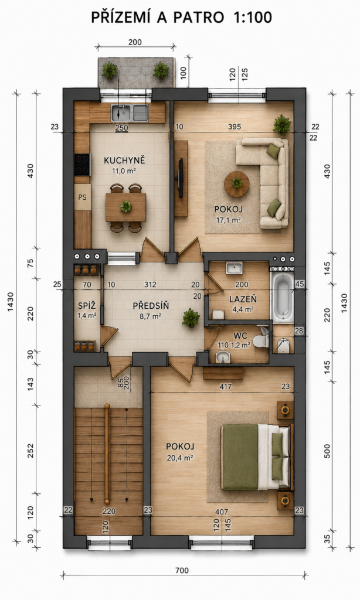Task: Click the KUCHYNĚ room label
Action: coord(124,160)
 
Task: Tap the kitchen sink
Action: coord(130,113)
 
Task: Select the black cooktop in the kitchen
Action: coord(82,165)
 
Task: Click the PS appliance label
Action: coord(82,197)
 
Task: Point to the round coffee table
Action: coord(237,183)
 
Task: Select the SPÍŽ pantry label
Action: coord(87,306)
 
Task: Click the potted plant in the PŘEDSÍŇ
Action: coord(191,318)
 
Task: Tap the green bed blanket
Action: coord(240,457)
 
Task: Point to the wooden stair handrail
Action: coord(107,454)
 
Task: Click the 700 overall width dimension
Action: coord(182,571)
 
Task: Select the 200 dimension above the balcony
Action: coord(135,42)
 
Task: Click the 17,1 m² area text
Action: coord(228,220)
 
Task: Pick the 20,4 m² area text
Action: coord(180,458)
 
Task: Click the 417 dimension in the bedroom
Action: coord(226,387)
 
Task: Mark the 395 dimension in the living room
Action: coord(235,127)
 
